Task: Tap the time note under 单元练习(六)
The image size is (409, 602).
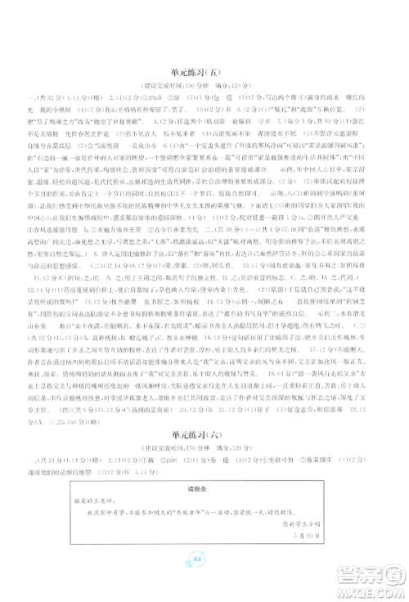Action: pos(204,451)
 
